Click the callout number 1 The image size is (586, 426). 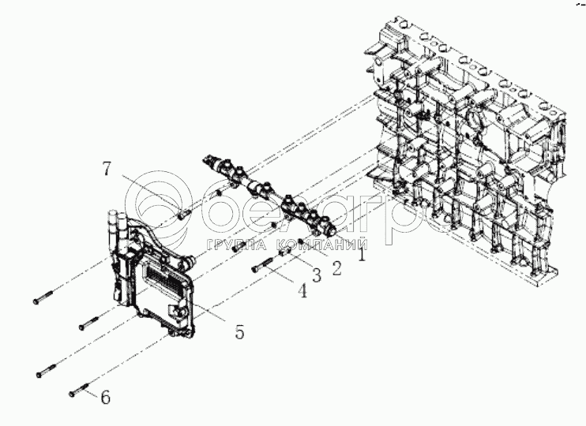[x=362, y=255]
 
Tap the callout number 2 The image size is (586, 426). [x=336, y=268]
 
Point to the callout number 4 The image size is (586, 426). [x=301, y=291]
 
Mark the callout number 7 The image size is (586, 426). [x=107, y=167]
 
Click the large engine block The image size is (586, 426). [x=474, y=158]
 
